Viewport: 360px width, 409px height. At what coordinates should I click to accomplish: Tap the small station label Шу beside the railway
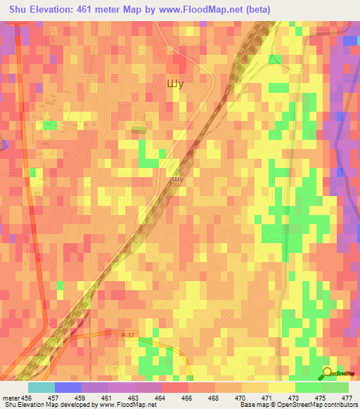[178, 179]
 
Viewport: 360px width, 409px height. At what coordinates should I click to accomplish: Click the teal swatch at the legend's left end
[41, 387]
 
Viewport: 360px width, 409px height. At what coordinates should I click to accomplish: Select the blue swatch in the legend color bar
[68, 387]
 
